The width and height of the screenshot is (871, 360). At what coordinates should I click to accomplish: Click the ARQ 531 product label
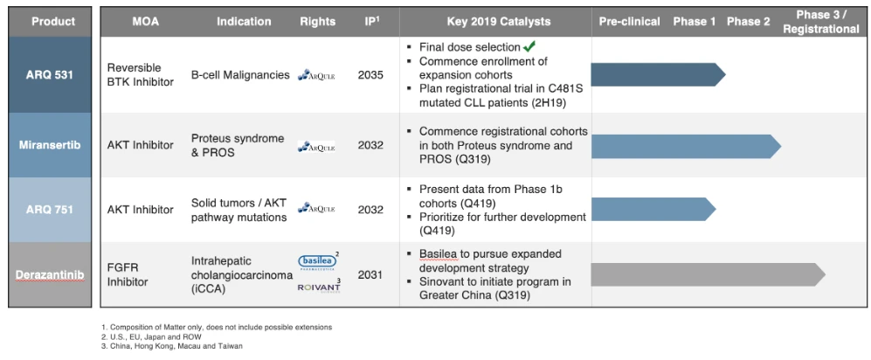[x=49, y=75]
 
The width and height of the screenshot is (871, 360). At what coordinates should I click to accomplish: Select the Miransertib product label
[x=49, y=145]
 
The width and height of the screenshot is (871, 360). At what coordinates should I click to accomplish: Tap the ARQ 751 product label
[x=49, y=210]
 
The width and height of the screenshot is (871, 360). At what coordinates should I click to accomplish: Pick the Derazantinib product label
[x=49, y=275]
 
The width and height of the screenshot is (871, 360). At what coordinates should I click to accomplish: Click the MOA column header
[x=145, y=21]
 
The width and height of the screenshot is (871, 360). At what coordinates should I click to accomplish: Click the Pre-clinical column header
[x=629, y=21]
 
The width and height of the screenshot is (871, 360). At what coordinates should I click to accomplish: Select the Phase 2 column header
[x=749, y=21]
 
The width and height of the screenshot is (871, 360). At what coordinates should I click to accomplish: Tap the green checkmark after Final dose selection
[x=529, y=46]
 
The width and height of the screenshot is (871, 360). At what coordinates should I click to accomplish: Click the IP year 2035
[x=370, y=75]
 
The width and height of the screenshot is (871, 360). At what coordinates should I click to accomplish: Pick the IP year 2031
[x=370, y=275]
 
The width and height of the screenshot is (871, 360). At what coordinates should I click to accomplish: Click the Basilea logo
[x=315, y=261]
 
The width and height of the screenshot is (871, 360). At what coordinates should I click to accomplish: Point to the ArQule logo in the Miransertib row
[x=315, y=146]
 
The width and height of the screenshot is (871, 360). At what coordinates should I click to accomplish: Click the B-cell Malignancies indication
[x=240, y=75]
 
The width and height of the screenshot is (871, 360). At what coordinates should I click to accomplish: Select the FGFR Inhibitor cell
[x=128, y=275]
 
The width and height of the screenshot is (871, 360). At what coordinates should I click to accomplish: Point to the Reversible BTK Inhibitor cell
[x=141, y=75]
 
